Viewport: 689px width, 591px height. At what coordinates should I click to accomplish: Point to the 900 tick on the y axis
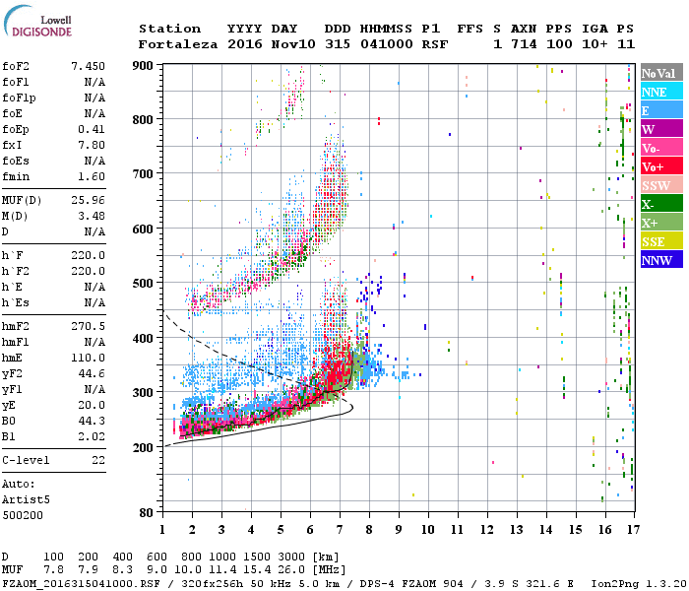[144, 65]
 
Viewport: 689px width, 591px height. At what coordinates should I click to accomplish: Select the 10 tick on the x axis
[427, 530]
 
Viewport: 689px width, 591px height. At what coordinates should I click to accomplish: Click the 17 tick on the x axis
[633, 530]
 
